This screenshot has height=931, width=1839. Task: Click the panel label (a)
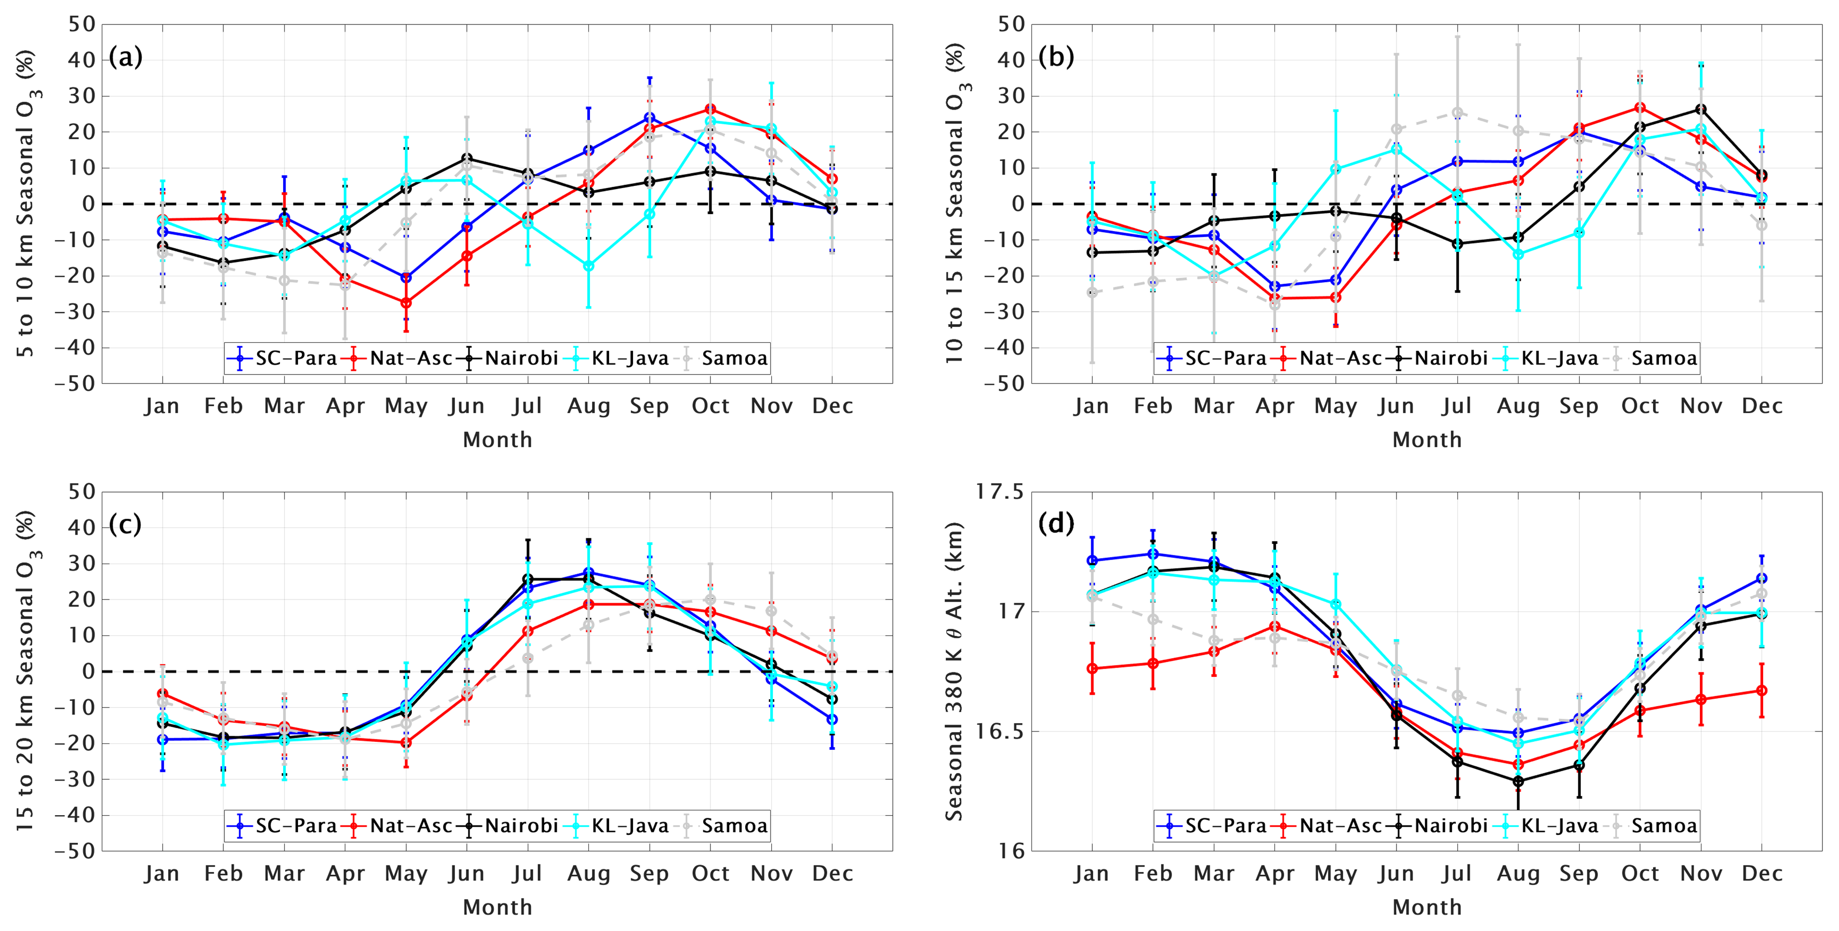(126, 57)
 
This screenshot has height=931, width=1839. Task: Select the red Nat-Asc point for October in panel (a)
(710, 109)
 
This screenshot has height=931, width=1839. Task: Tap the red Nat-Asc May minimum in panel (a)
(406, 303)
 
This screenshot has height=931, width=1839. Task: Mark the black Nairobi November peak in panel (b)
(1701, 109)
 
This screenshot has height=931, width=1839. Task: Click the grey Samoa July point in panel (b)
(1457, 113)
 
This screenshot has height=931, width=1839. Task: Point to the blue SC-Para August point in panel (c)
(588, 573)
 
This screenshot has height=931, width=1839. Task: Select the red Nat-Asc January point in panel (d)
(1092, 668)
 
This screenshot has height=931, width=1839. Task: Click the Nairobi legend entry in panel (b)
(1440, 358)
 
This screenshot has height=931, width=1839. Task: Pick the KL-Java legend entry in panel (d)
(1549, 826)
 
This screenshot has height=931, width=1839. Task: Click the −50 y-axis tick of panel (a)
(78, 383)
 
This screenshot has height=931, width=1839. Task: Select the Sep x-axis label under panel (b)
(1578, 406)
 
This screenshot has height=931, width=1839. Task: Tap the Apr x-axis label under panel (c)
(345, 873)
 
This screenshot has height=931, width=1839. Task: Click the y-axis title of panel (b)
(955, 204)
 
